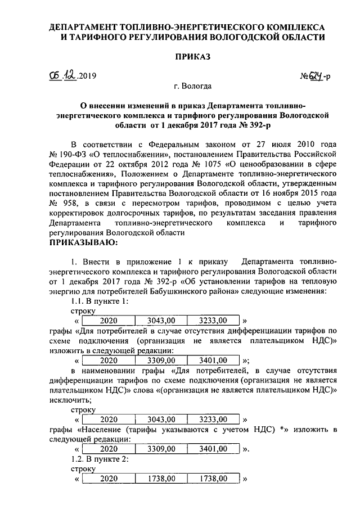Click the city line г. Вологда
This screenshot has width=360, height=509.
(193, 86)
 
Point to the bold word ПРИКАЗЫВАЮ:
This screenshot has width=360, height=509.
(85, 242)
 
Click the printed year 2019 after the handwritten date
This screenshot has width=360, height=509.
(88, 76)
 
